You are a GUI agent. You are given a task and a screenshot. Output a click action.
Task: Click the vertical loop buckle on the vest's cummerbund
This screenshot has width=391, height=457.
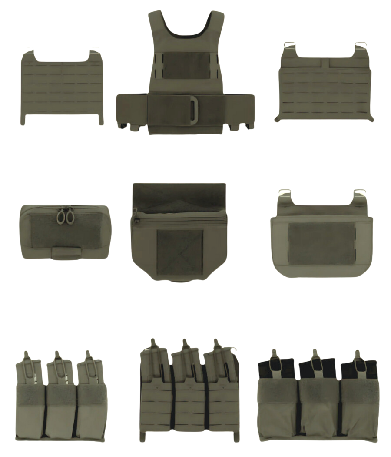click(x=193, y=110)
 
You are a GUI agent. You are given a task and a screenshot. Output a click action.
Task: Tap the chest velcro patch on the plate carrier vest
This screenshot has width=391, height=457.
click(x=186, y=66)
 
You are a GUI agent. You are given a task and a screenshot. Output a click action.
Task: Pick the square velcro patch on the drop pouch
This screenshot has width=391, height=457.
click(x=179, y=252)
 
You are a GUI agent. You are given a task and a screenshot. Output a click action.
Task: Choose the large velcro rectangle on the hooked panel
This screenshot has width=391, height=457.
click(x=321, y=243)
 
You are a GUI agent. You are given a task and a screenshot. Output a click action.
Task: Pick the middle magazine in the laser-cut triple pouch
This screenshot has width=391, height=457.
click(x=186, y=363)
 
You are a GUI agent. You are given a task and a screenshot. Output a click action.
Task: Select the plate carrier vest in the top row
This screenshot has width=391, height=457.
click(x=186, y=74)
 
